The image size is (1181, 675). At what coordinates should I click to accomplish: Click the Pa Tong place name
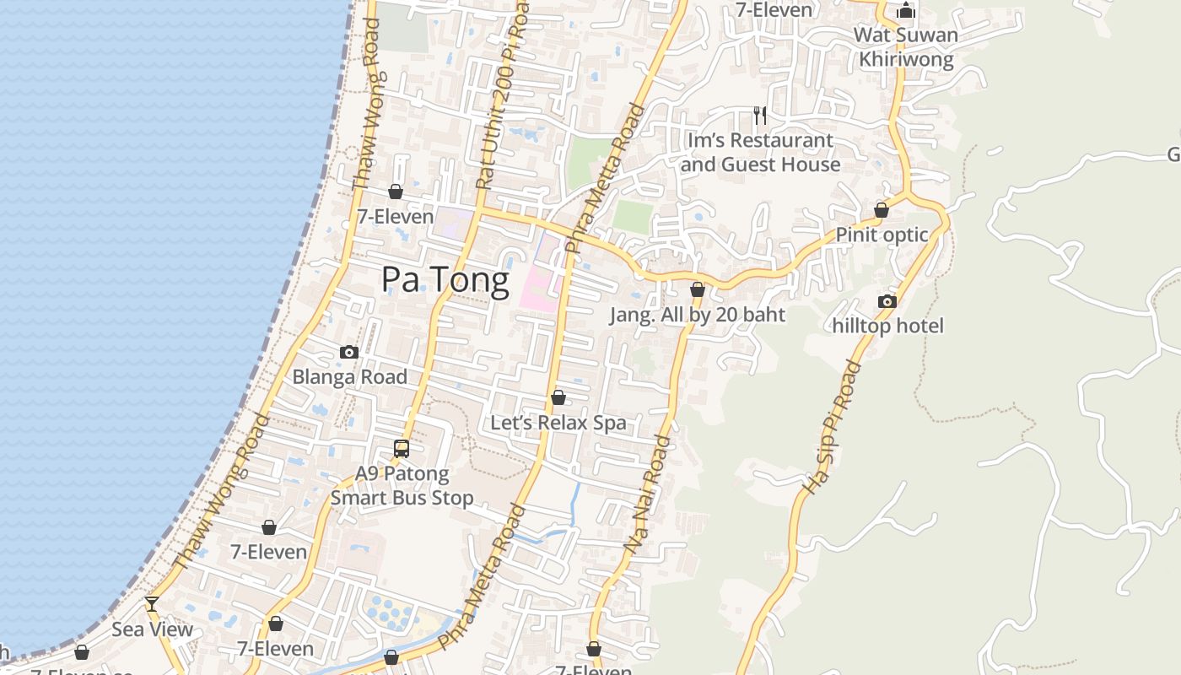(445, 280)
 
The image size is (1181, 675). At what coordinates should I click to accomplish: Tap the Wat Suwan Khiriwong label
(906, 47)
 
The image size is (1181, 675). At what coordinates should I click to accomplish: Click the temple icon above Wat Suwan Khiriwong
(906, 11)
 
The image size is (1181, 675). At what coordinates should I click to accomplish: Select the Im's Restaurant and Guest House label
(760, 152)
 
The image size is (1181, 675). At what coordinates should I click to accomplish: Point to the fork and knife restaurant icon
(760, 115)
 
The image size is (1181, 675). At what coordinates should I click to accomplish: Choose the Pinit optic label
(882, 235)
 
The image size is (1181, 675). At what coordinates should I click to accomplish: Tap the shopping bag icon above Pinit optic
(882, 209)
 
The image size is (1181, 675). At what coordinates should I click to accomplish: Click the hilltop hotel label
(887, 326)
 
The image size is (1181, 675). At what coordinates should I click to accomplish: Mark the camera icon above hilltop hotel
(887, 301)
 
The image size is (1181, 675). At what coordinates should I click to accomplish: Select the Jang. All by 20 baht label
(698, 315)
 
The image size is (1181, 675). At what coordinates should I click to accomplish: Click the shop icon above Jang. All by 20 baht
(698, 289)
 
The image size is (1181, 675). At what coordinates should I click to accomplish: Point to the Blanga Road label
(349, 377)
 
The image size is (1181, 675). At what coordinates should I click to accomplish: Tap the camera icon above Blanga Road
(349, 352)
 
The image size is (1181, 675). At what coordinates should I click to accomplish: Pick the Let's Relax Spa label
(558, 423)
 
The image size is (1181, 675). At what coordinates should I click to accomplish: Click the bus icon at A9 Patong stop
(402, 449)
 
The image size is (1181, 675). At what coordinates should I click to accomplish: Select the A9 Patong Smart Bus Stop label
(402, 485)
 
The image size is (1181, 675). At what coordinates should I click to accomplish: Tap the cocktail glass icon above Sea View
(152, 603)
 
